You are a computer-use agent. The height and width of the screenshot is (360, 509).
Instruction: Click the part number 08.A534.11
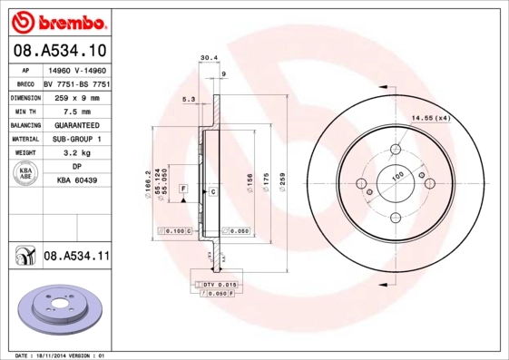[76, 257]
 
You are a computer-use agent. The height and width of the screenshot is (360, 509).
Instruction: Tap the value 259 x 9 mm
[77, 96]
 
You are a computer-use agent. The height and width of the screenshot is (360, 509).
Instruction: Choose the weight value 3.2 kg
[77, 153]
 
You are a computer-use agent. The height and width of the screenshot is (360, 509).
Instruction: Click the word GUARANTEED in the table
[77, 124]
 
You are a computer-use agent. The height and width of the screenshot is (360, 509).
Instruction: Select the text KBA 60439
[77, 182]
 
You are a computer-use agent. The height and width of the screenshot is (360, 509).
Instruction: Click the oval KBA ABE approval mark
[26, 175]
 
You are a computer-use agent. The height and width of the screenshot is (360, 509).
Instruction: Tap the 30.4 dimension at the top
[208, 58]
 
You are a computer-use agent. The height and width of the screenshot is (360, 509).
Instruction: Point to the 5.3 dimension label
[188, 99]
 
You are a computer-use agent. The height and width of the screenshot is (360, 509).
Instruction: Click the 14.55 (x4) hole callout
[432, 118]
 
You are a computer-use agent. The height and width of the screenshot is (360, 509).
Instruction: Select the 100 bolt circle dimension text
[396, 177]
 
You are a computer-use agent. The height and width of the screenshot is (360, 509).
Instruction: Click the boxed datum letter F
[183, 188]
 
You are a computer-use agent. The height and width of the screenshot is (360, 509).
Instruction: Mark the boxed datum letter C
[212, 192]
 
